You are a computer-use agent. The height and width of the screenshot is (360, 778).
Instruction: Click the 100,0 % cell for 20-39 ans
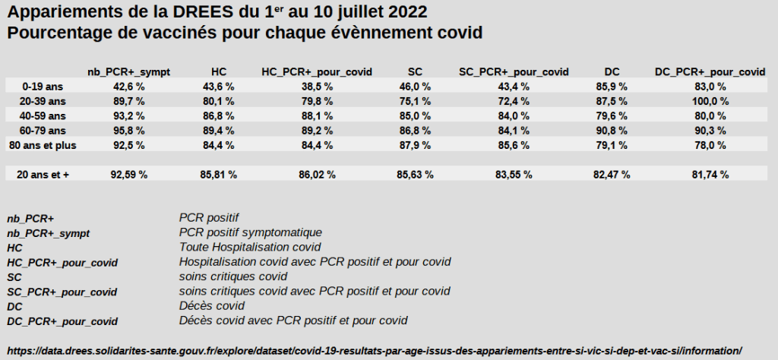pyautogui.click(x=710, y=101)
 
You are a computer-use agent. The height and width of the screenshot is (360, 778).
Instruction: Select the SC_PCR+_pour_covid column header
pyautogui.click(x=514, y=71)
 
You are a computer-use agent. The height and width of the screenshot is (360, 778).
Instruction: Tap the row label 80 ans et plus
pyautogui.click(x=46, y=144)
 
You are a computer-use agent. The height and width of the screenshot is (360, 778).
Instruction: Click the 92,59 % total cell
pyautogui.click(x=128, y=174)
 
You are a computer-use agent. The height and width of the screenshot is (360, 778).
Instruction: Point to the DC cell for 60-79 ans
pyautogui.click(x=612, y=130)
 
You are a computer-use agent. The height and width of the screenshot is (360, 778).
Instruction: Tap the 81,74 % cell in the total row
pyautogui.click(x=710, y=174)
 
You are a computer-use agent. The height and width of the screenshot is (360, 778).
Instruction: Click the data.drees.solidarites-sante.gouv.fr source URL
pyautogui.click(x=373, y=350)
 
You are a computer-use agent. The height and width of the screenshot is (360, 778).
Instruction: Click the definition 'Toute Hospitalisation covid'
pyautogui.click(x=250, y=247)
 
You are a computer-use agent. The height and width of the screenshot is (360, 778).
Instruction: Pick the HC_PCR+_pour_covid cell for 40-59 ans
pyautogui.click(x=317, y=115)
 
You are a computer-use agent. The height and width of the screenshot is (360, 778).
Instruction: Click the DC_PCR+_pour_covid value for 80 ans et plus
pyautogui.click(x=710, y=144)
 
